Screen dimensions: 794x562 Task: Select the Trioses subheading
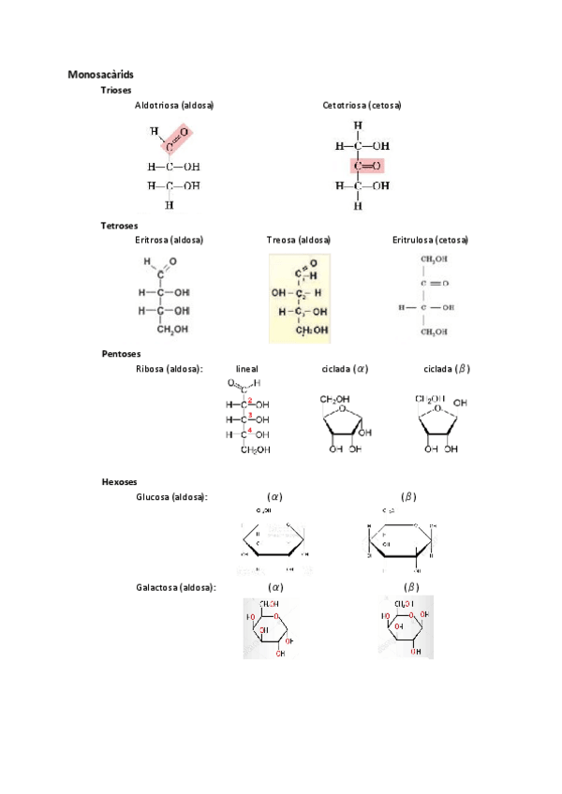(117, 90)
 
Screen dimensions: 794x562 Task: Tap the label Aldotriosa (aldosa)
(174, 105)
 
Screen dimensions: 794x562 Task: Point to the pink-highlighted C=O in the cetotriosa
(367, 166)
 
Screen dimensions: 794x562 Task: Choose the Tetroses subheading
(120, 226)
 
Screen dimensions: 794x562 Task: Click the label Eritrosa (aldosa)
(170, 240)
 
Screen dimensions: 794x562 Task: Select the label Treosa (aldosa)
(299, 240)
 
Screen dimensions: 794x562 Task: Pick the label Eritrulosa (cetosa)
(430, 240)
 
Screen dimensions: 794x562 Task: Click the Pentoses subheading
(122, 354)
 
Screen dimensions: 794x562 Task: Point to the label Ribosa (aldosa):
(170, 369)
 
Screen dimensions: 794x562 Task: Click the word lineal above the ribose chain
(247, 369)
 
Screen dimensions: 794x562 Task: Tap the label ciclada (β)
(447, 369)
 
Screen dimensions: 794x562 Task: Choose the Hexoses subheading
(119, 481)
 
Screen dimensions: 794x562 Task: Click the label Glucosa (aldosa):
(171, 496)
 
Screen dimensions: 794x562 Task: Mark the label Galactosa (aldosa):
(176, 587)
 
